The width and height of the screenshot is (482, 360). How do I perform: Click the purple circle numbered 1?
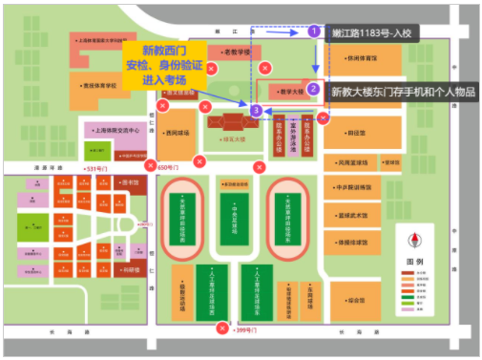pyautogui.click(x=314, y=32)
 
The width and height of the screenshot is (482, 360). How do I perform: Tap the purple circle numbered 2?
pyautogui.click(x=314, y=90)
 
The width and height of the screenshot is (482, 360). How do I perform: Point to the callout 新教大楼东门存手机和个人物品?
pyautogui.click(x=401, y=92)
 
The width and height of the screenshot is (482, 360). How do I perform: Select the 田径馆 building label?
pyautogui.click(x=358, y=135)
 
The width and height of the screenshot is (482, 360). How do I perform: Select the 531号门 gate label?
pyautogui.click(x=99, y=169)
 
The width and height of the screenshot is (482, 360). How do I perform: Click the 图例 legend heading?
pyautogui.click(x=413, y=261)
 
